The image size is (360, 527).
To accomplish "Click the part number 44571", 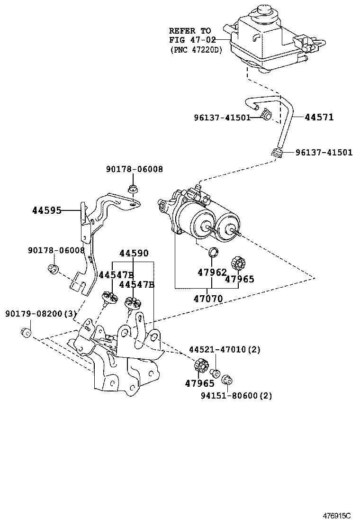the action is point(319,118).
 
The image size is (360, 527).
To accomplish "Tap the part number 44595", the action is point(47,211).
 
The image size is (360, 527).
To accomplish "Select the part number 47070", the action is point(208,299).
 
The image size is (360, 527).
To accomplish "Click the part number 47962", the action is point(212,272).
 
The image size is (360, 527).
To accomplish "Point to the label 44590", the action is point(134,253).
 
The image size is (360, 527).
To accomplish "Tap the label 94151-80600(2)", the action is point(236,396).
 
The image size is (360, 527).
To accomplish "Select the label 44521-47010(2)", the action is point(225,350).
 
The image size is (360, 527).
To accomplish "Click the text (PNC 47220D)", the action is point(196,50).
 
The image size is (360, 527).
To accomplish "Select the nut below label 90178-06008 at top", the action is point(133,189).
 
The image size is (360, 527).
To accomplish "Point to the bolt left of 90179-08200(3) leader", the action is point(26,332).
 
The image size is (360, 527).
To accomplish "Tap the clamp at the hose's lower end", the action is point(276,153).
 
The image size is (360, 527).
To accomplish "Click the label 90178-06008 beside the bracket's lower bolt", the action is point(56,250).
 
